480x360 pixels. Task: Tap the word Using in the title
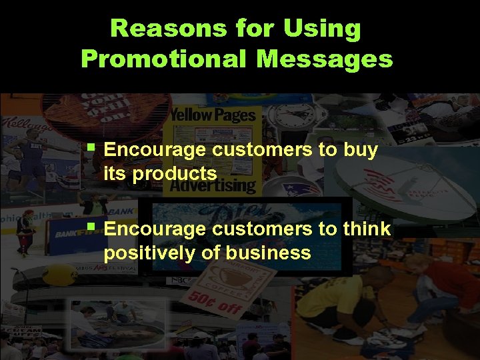(322, 29)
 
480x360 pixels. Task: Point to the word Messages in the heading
(324, 59)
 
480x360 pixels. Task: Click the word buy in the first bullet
(361, 150)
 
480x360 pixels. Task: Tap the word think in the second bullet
(367, 229)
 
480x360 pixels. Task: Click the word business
(269, 253)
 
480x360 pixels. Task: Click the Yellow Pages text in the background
(213, 115)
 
